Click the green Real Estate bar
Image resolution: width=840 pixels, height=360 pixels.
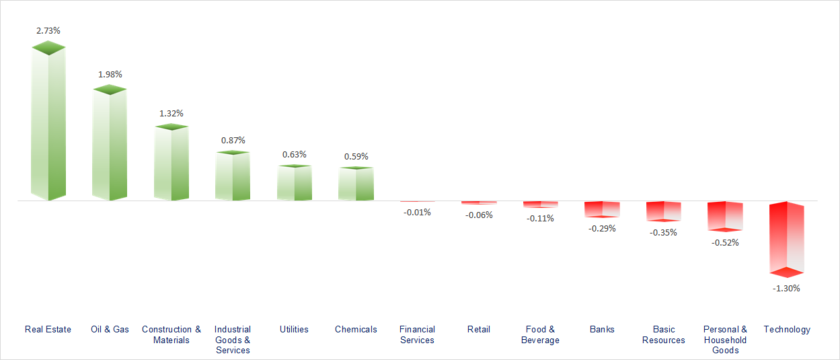coord(48,124)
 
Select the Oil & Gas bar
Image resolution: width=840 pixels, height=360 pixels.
coord(110,145)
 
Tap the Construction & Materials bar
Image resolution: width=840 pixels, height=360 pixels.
coord(171,164)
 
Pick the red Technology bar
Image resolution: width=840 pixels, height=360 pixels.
coord(787,239)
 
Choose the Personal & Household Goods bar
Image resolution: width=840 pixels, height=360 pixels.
coord(725,216)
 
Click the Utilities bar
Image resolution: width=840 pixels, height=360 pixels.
coord(295,183)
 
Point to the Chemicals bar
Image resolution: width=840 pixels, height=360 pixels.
coord(356,184)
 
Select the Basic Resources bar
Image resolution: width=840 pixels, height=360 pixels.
coord(663,211)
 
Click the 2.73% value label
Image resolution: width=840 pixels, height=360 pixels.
coord(48,31)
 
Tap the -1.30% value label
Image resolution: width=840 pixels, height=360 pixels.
coord(787,288)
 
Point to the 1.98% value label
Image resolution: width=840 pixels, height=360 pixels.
coord(110,74)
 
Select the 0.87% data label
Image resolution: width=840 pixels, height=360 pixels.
coord(233,140)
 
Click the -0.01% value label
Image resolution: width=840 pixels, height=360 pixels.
coord(417,212)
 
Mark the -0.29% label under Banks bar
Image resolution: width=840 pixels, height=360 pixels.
coord(602,228)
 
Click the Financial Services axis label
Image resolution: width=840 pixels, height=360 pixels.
coord(417,334)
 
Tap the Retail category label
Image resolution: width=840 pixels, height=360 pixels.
coord(479,329)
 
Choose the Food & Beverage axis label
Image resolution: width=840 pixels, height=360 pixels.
coord(540,334)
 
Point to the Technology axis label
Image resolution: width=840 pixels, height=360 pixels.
coord(787,329)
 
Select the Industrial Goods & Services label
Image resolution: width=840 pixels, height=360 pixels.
coord(233,339)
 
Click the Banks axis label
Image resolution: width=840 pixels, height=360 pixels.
coord(602,329)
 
